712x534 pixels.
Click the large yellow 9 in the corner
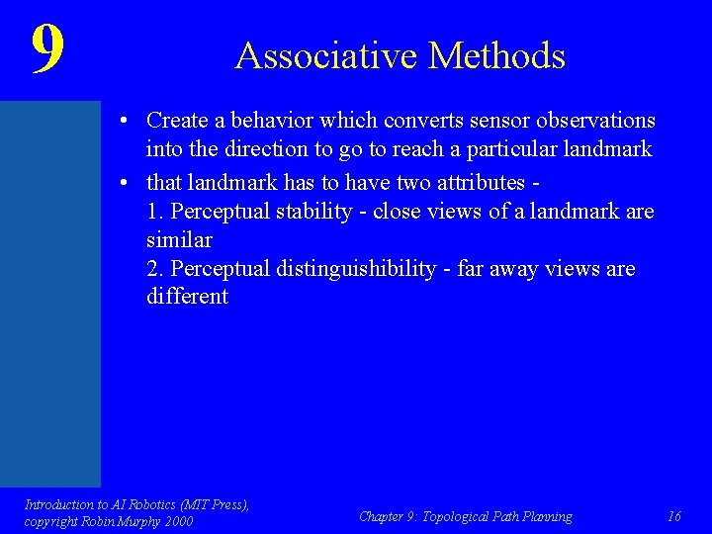click(x=47, y=49)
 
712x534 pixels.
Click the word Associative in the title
click(x=314, y=55)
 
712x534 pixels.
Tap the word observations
click(x=595, y=121)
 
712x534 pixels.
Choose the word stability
click(x=314, y=212)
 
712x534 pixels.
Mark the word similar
click(x=179, y=239)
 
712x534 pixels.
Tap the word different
click(x=187, y=297)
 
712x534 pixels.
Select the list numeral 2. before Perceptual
click(x=155, y=269)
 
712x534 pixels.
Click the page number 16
click(x=674, y=516)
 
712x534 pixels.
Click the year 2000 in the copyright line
click(x=177, y=521)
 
